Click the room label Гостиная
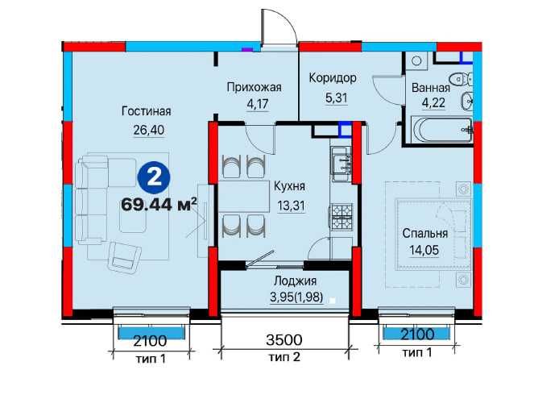(x=146, y=111)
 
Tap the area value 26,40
(x=148, y=130)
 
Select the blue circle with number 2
(x=154, y=178)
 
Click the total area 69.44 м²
(x=159, y=204)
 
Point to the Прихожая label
(x=254, y=87)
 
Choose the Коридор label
(x=333, y=78)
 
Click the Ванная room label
(x=431, y=88)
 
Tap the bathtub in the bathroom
(x=442, y=130)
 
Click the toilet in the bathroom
(x=460, y=79)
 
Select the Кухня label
(x=290, y=186)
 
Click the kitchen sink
(x=341, y=164)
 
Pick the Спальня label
(x=424, y=234)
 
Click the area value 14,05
(x=424, y=251)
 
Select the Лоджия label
(x=295, y=281)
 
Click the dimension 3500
(x=284, y=339)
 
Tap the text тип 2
(x=284, y=357)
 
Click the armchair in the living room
(x=125, y=256)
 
